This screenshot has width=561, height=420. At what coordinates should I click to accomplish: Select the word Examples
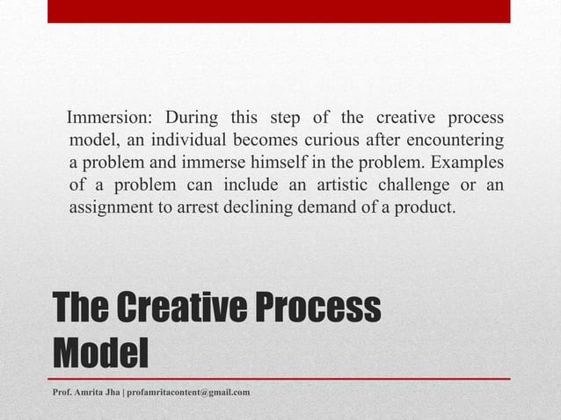[470, 164]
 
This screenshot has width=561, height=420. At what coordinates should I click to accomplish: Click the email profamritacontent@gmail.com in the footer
[188, 391]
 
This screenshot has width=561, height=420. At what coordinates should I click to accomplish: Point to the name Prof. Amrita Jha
[86, 391]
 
